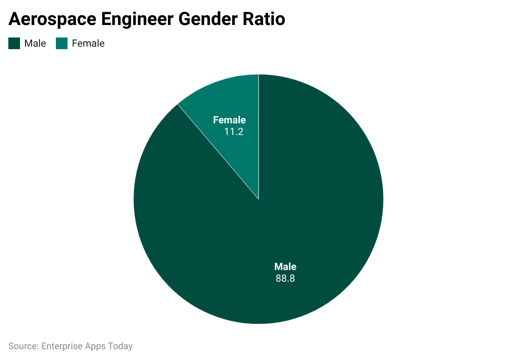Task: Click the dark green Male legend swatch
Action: tap(14, 43)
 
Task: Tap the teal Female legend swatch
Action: tap(62, 43)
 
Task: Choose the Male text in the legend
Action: tap(35, 43)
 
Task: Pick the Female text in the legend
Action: tap(88, 43)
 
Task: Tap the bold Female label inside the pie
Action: tap(229, 120)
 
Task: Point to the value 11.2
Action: tap(233, 132)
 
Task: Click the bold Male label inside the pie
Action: tap(285, 267)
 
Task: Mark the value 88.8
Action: tap(285, 278)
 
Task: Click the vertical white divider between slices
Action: tap(258, 137)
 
